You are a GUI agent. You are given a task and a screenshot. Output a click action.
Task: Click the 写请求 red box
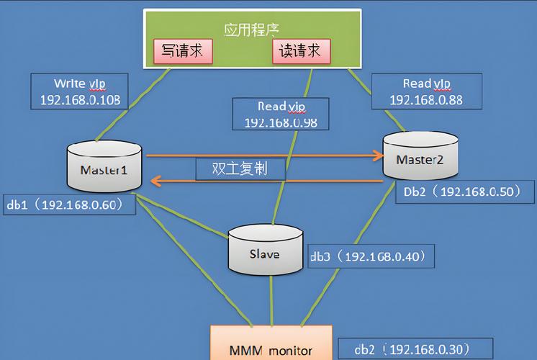tap(182, 50)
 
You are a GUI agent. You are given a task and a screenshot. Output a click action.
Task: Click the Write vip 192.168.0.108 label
tap(80, 91)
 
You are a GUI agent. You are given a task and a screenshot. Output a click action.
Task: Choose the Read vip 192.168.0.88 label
tap(426, 91)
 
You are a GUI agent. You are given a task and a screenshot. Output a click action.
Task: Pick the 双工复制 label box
tap(240, 168)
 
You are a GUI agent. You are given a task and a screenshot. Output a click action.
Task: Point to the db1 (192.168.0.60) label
tap(69, 204)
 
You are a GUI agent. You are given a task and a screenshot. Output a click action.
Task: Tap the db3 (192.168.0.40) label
tap(371, 256)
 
